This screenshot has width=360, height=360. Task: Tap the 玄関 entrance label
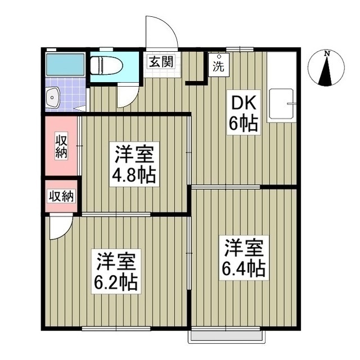[x=160, y=61]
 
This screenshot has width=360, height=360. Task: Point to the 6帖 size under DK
[x=243, y=123]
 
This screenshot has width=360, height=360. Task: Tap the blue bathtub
[x=65, y=65]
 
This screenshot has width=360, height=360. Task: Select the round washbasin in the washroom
[x=53, y=97]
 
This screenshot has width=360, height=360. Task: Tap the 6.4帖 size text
[x=245, y=268]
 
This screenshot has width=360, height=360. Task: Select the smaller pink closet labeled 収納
[x=61, y=196]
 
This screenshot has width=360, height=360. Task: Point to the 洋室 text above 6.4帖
[x=245, y=248]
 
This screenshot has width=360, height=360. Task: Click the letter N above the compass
[x=327, y=53]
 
